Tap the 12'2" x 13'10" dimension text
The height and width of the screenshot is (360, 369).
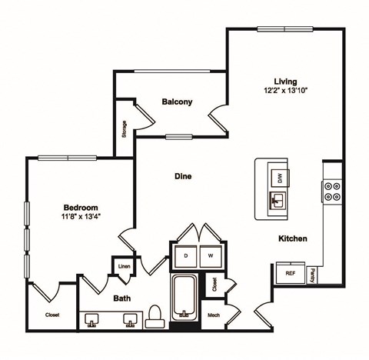[x=286, y=92]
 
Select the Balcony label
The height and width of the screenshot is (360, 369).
[x=177, y=102]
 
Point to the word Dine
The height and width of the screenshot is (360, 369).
[x=182, y=176]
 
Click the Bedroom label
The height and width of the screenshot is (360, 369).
[x=80, y=208]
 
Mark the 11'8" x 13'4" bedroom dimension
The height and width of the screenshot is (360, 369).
[x=80, y=218]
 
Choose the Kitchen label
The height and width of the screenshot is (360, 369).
[x=293, y=239]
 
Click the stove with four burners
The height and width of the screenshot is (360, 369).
[x=332, y=191]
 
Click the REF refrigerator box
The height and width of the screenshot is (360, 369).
[x=291, y=273]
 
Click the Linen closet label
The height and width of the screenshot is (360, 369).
[x=123, y=267]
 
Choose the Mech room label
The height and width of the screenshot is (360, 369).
[x=214, y=315]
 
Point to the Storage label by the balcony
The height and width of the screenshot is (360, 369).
[x=125, y=130]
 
